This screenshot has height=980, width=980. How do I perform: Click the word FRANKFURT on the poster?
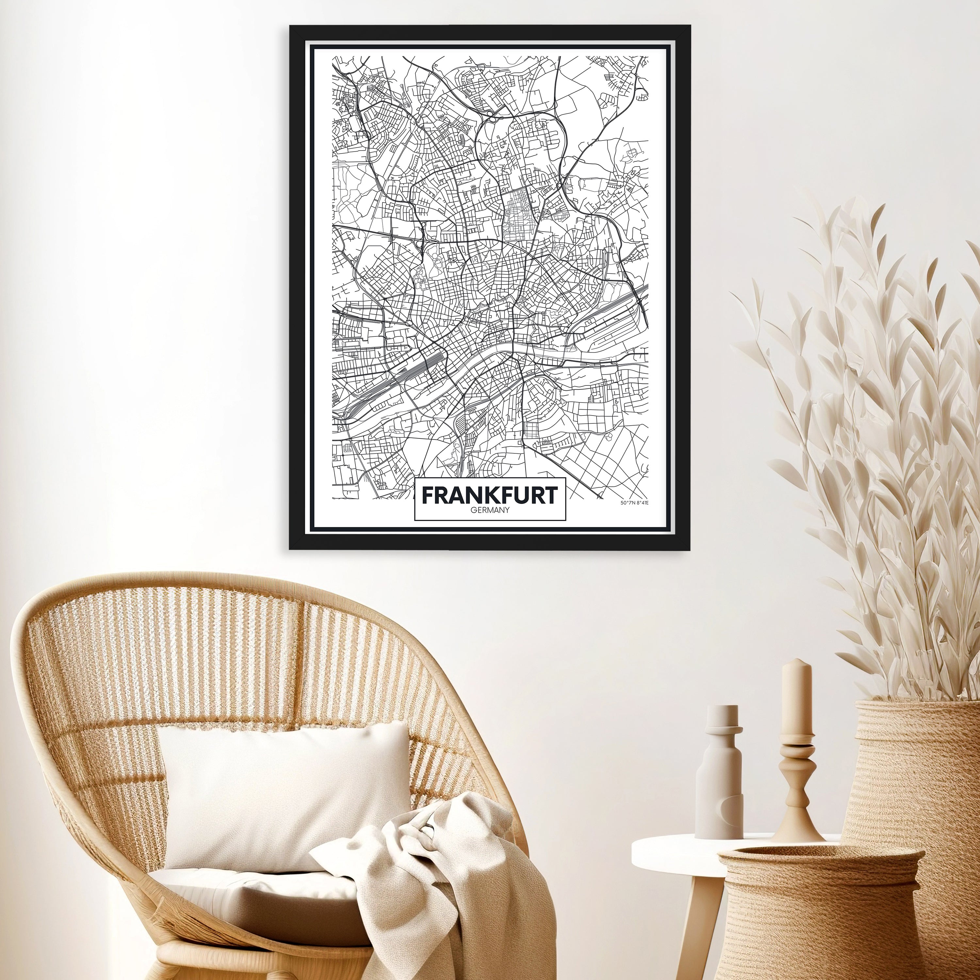pos(489,495)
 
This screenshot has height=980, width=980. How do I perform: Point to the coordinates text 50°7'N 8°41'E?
pos(634,503)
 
